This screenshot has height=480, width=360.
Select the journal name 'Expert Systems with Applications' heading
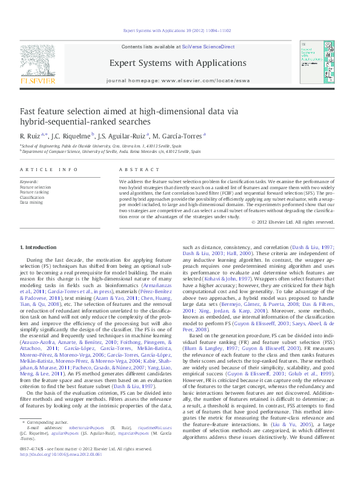[177, 63]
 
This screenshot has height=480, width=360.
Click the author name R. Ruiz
[30, 135]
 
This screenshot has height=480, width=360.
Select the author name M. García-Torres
[184, 135]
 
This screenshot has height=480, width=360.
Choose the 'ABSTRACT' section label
[135, 170]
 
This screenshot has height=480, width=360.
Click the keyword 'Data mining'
[31, 203]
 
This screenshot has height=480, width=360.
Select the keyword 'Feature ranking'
[34, 192]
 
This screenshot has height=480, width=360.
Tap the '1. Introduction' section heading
[39, 248]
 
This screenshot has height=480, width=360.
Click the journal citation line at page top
[177, 30]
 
